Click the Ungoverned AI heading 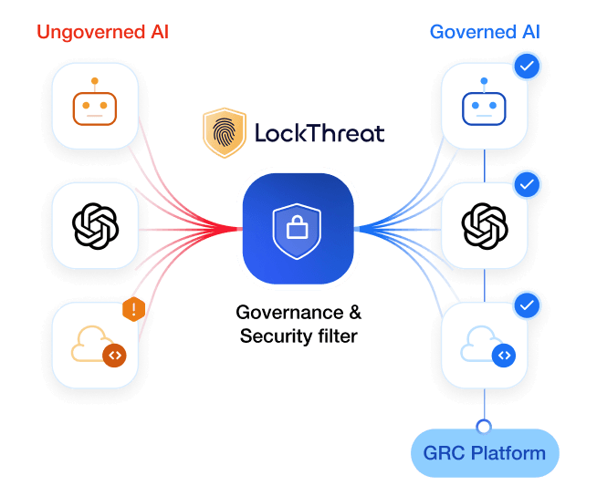(x=102, y=33)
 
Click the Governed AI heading (x=485, y=33)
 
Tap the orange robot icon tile (x=95, y=106)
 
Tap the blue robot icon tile (x=484, y=106)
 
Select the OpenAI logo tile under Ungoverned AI (x=95, y=223)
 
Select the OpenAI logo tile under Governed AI (x=484, y=223)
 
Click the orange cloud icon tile (x=95, y=346)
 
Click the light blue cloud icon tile (x=484, y=346)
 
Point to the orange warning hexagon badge (x=134, y=310)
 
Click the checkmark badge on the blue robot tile (x=526, y=66)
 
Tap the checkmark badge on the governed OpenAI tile (x=526, y=185)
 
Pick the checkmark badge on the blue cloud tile (x=526, y=305)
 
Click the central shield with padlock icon (x=297, y=228)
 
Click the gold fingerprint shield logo (x=224, y=133)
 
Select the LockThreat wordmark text (x=319, y=134)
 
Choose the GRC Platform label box (x=484, y=453)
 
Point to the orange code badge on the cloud (x=114, y=356)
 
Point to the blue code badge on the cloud (x=503, y=356)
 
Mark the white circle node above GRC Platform (x=484, y=425)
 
